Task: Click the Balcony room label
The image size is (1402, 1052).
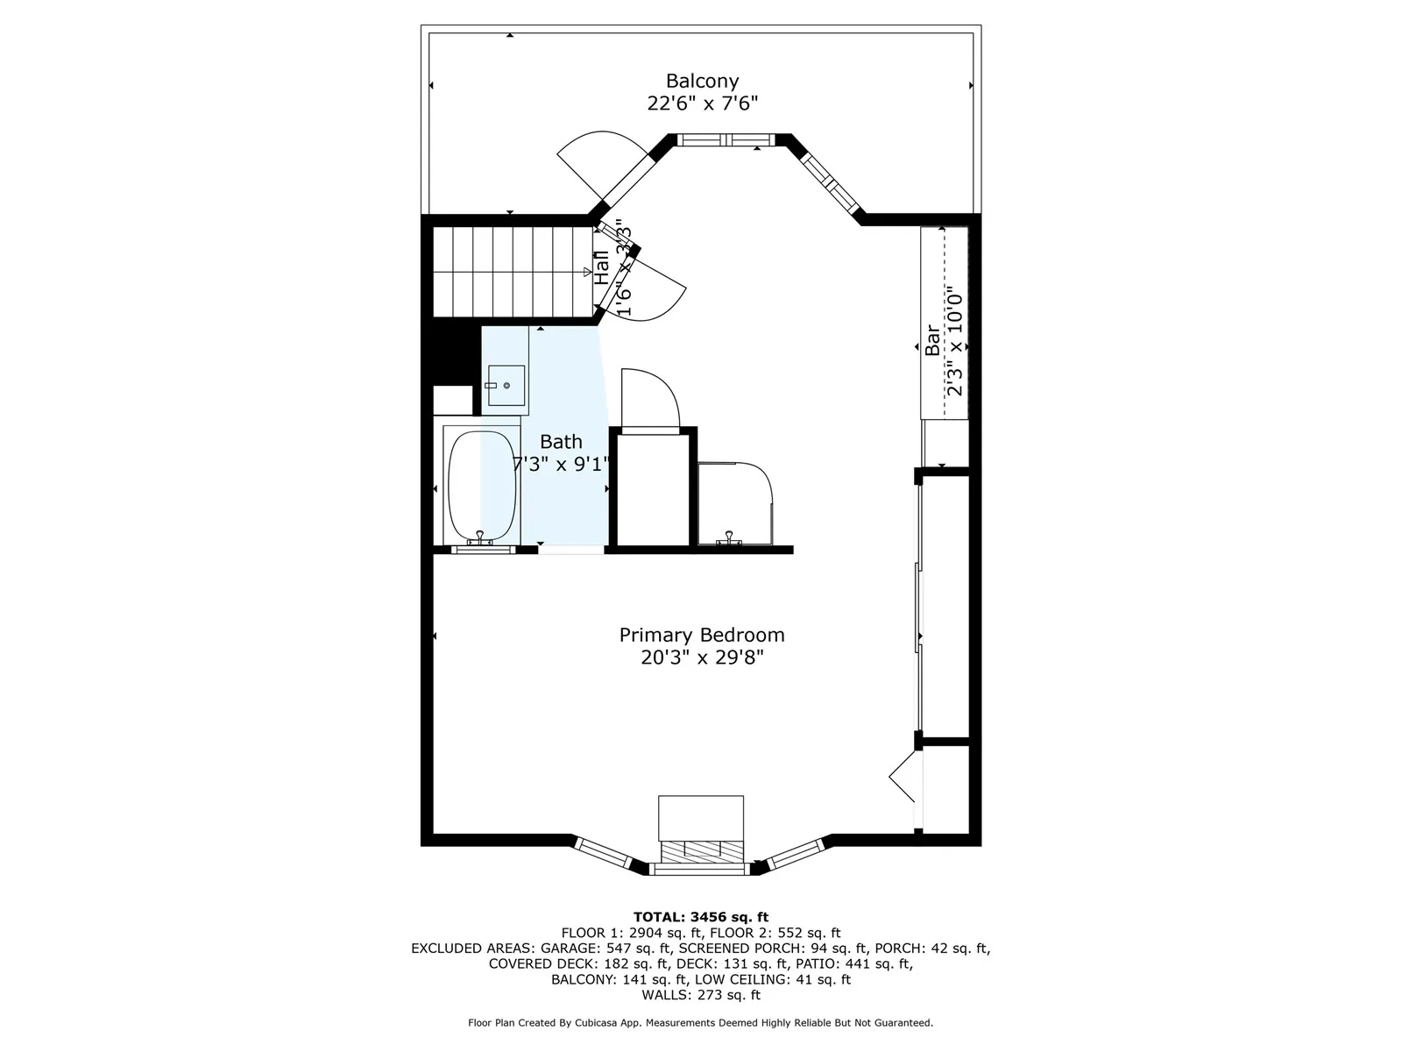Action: tap(702, 82)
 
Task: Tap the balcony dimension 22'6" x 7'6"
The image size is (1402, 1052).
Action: tap(702, 103)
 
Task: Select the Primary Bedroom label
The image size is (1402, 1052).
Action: tap(702, 635)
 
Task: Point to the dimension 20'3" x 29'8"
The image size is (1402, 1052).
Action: tap(702, 657)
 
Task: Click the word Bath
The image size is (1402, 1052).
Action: tap(561, 441)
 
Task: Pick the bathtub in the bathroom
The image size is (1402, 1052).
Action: tap(482, 486)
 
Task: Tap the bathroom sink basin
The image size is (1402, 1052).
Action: tap(506, 385)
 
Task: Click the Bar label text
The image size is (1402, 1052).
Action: tap(932, 340)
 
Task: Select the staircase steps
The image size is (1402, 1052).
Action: tap(513, 272)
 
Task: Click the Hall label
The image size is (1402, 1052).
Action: tap(602, 267)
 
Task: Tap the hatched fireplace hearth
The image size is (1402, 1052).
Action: tap(701, 849)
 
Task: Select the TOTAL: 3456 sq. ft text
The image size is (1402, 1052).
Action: tap(701, 917)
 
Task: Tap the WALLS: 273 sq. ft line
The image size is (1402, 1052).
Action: tap(701, 995)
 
